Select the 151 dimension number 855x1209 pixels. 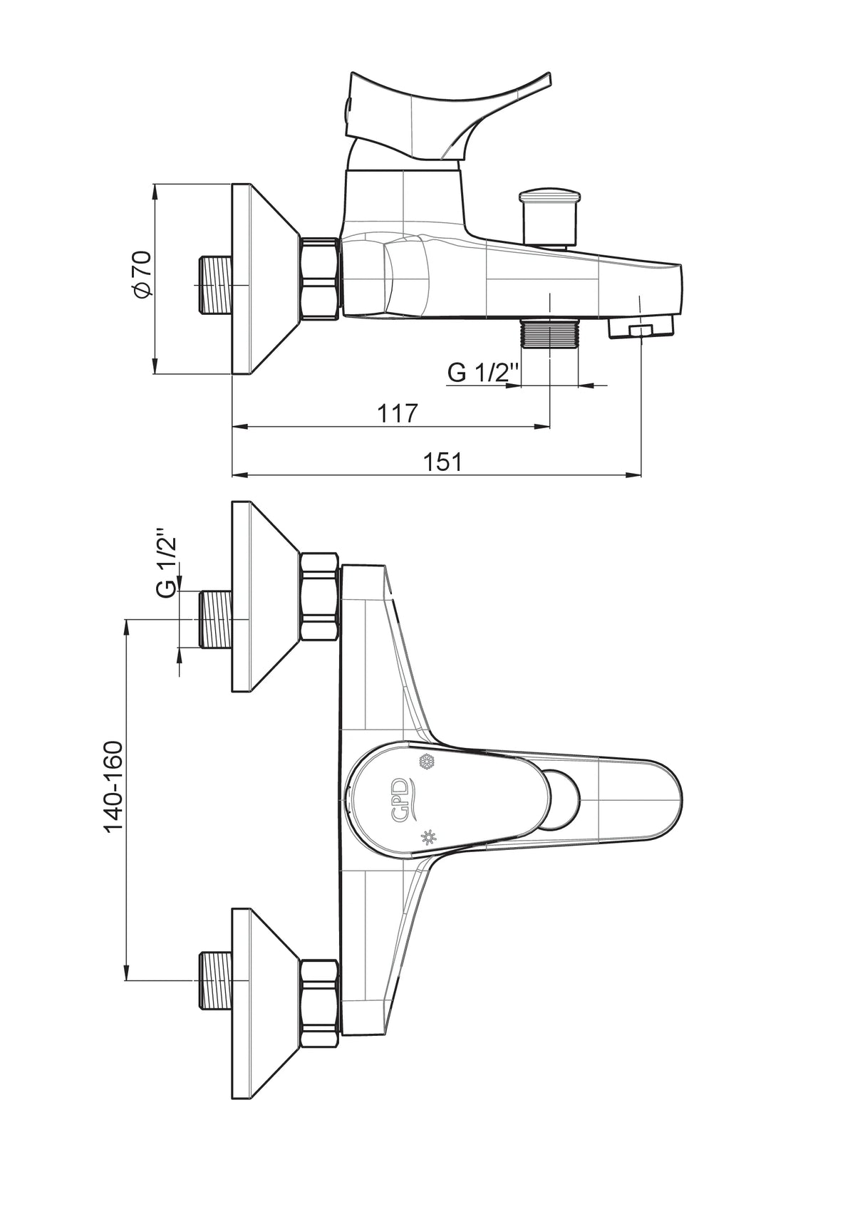(x=442, y=462)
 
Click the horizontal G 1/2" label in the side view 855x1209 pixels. (x=484, y=373)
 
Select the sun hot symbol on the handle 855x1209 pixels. (x=428, y=836)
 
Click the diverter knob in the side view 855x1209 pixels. (x=551, y=217)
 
